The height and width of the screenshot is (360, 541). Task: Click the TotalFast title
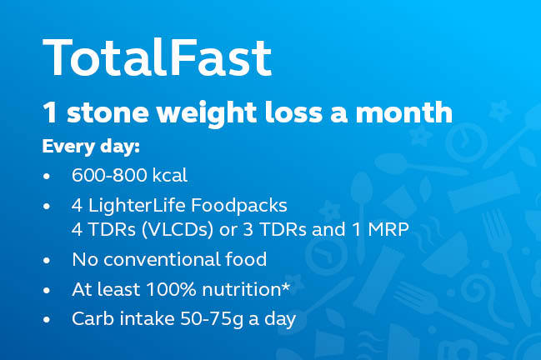[157, 57]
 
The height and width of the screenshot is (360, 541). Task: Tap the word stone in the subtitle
[108, 112]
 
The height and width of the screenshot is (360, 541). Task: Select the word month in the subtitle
[403, 112]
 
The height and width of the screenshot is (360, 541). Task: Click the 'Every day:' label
[91, 147]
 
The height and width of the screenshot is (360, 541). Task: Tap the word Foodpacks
[238, 206]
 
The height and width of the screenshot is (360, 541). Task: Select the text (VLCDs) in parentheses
[178, 230]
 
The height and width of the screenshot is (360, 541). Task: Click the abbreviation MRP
[388, 230]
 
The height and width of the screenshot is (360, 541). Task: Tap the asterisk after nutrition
[286, 287]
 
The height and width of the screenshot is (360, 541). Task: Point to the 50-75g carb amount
[212, 319]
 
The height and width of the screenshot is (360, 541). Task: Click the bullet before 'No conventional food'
[47, 260]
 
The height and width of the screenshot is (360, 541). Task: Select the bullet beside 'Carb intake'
[47, 320]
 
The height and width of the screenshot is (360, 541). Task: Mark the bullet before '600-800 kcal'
[47, 176]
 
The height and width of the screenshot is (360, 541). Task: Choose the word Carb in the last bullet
[93, 318]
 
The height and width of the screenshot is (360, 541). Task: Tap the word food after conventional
[246, 259]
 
